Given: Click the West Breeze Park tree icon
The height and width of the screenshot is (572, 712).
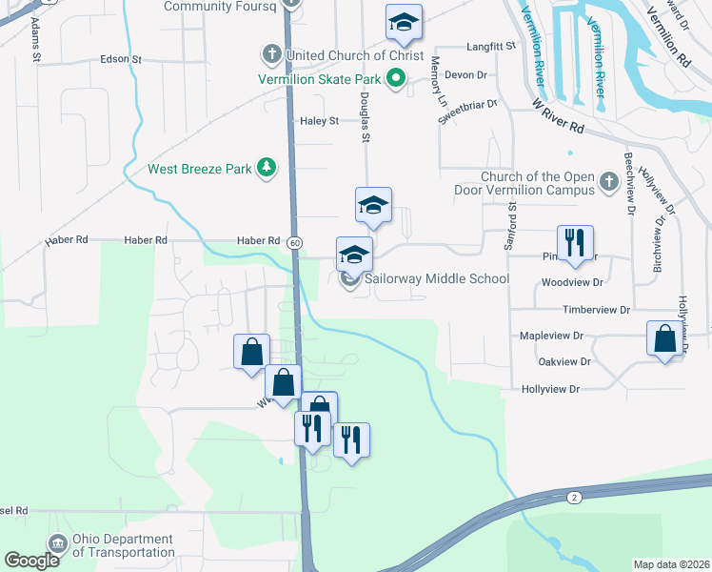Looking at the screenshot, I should (x=269, y=169).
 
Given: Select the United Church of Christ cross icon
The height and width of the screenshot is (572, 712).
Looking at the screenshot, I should (x=270, y=54).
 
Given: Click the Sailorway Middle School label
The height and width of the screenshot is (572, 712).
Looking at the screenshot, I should (x=437, y=278).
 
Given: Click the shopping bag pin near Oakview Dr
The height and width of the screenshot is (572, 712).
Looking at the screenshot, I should (x=664, y=338).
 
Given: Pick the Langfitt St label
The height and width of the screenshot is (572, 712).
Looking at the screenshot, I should (x=490, y=46).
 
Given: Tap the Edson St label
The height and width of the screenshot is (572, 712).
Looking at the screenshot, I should (x=121, y=59).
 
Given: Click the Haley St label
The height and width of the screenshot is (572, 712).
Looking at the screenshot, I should (x=320, y=121).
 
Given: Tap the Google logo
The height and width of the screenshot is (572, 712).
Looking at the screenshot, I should (x=31, y=561).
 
